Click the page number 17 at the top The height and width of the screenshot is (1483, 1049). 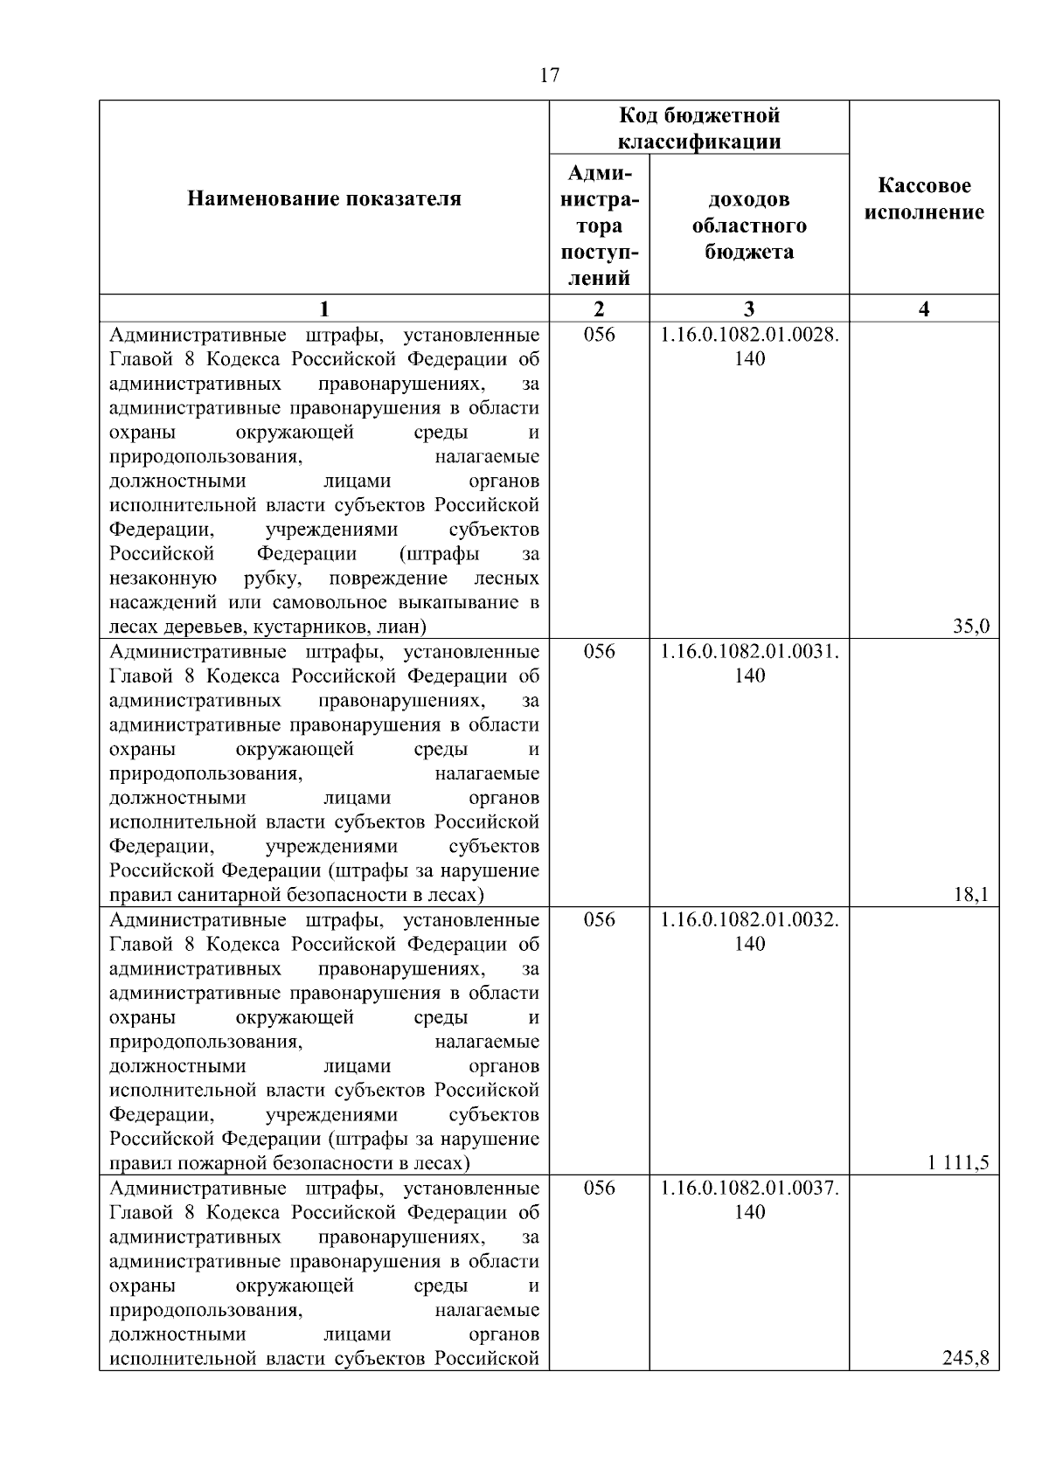pyautogui.click(x=549, y=75)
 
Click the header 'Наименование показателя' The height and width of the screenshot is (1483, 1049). pyautogui.click(x=324, y=199)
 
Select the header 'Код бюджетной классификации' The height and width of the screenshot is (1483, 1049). pyautogui.click(x=699, y=128)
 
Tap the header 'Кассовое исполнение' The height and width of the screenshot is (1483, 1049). pyautogui.click(x=924, y=199)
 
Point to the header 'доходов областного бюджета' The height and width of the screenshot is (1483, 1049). pyautogui.click(x=749, y=225)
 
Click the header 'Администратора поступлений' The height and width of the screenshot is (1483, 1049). pyautogui.click(x=599, y=225)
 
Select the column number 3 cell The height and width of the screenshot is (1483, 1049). pyautogui.click(x=749, y=308)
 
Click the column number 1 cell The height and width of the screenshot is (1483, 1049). pyautogui.click(x=324, y=308)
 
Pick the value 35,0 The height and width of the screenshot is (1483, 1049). pyautogui.click(x=971, y=626)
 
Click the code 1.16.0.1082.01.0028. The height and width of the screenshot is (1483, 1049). pyautogui.click(x=749, y=335)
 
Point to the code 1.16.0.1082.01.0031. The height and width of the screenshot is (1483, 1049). pyautogui.click(x=749, y=652)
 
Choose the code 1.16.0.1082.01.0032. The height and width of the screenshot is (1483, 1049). pyautogui.click(x=749, y=920)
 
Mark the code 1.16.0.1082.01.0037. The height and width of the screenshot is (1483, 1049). pyautogui.click(x=749, y=1188)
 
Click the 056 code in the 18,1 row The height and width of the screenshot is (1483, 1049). pyautogui.click(x=599, y=652)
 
